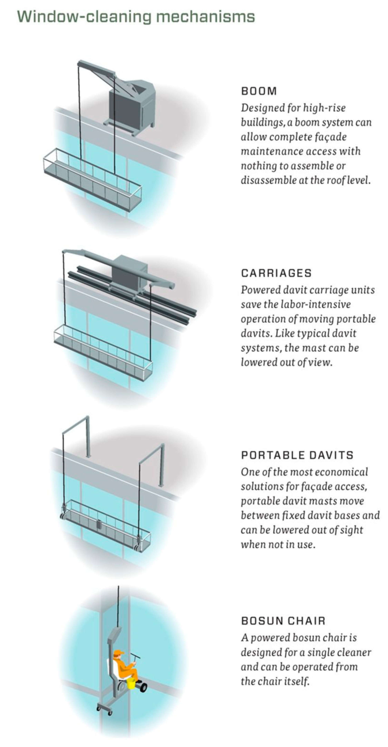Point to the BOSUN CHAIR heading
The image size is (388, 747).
tap(283, 621)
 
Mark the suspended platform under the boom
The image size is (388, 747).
tap(93, 180)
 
